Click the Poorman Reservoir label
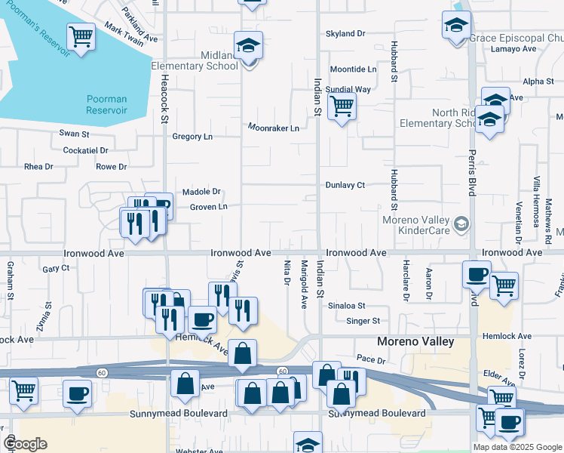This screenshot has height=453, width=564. point(106,104)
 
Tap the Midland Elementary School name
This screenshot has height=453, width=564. point(195,60)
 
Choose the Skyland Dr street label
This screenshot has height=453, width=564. point(345,34)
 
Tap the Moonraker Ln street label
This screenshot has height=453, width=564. point(274,128)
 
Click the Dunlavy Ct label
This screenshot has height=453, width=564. point(345,185)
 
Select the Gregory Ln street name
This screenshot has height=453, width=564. point(192,137)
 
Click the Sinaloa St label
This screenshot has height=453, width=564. point(346,306)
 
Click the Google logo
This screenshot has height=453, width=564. point(25,443)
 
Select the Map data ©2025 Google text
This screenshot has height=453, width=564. point(516,447)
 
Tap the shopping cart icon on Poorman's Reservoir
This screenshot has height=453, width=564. point(81,35)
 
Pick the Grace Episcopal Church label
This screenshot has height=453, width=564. point(516,38)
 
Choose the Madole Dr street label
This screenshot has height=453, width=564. point(201,192)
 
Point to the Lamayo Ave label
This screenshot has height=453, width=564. point(513,49)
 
